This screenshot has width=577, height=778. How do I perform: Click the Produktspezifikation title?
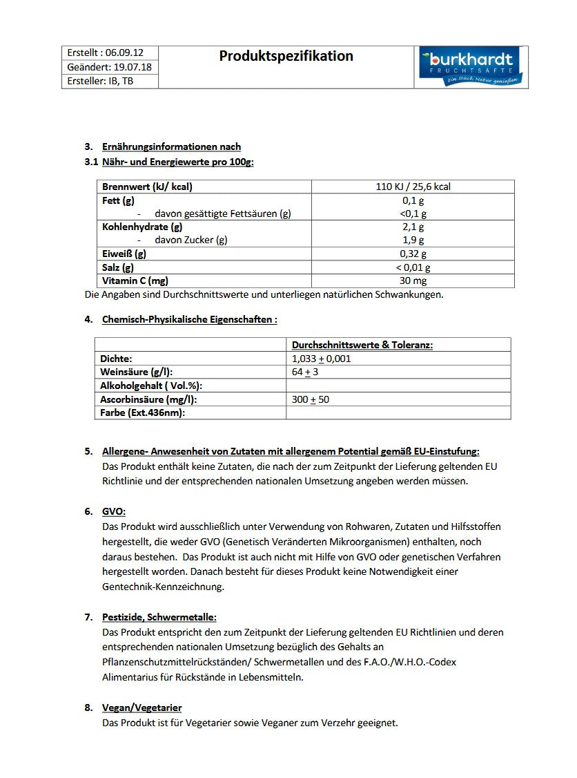[x=286, y=56]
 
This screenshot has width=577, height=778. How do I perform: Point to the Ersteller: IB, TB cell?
[x=101, y=81]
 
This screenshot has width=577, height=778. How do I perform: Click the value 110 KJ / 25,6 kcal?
[x=413, y=187]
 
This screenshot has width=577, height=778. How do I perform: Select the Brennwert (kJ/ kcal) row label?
[x=147, y=187]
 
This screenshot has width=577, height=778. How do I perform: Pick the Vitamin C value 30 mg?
[x=413, y=281]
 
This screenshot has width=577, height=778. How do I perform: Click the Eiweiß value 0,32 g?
[x=413, y=254]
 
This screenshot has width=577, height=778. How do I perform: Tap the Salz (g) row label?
[x=118, y=267]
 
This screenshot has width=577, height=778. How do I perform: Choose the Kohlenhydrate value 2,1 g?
[x=413, y=227]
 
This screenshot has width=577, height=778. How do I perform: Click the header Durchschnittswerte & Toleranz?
[x=362, y=345]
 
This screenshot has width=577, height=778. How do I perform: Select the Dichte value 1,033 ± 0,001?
[x=322, y=359]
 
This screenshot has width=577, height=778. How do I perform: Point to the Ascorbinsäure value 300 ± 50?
[x=311, y=399]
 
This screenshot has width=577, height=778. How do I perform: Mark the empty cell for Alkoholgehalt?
[x=398, y=386]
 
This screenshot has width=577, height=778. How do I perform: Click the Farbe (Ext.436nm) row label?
[x=143, y=412]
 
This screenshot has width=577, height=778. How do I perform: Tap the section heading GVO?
[x=114, y=511]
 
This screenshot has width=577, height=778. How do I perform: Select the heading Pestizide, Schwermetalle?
[x=159, y=617]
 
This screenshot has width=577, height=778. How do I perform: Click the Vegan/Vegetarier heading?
[x=141, y=708]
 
